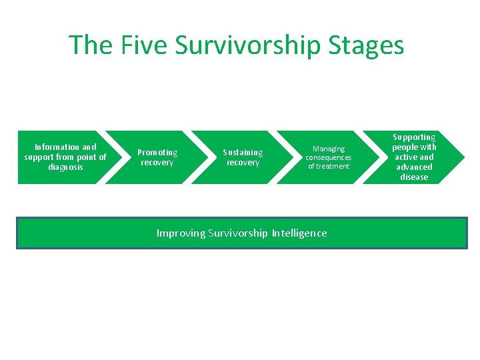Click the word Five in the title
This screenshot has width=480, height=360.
(x=144, y=45)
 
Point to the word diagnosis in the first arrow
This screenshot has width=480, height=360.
(x=65, y=167)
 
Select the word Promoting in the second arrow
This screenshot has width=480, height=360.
(x=157, y=153)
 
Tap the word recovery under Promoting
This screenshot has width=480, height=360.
(x=157, y=163)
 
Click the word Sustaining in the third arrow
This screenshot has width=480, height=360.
(x=243, y=153)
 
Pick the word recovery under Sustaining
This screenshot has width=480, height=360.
(x=243, y=163)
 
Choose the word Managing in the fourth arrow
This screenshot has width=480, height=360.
(x=329, y=149)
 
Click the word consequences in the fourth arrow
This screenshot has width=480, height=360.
(x=329, y=157)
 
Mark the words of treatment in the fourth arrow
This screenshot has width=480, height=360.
(x=329, y=166)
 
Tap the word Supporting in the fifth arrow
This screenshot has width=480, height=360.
(x=414, y=137)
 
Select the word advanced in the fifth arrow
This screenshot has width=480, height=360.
(x=414, y=167)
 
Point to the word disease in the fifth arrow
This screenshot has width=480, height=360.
(x=414, y=177)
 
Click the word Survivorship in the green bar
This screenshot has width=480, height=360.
(x=239, y=233)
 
